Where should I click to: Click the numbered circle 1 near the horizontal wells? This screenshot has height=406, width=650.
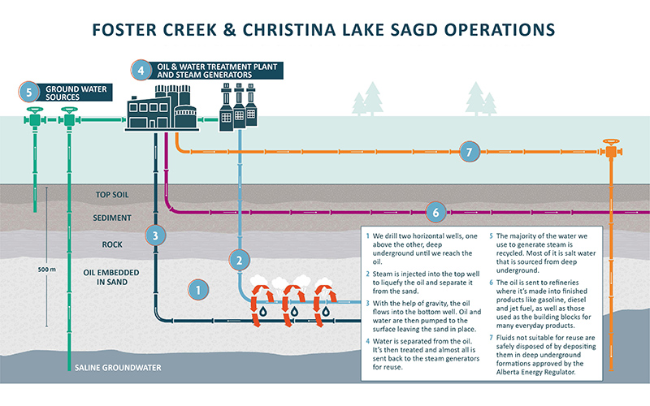pyautogui.click(x=196, y=287)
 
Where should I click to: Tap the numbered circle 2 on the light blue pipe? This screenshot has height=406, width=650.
pyautogui.click(x=240, y=261)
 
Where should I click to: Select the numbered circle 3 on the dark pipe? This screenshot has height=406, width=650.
pyautogui.click(x=156, y=235)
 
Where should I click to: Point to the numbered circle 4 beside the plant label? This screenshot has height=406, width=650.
pyautogui.click(x=141, y=70)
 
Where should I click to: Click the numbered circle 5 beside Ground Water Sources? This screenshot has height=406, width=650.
pyautogui.click(x=29, y=93)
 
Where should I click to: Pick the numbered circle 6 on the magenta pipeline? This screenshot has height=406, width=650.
pyautogui.click(x=435, y=212)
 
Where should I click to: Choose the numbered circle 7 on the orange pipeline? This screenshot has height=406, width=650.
pyautogui.click(x=467, y=151)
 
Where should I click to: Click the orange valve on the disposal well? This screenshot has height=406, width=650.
pyautogui.click(x=610, y=151)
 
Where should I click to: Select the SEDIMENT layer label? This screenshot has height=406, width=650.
pyautogui.click(x=113, y=219)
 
